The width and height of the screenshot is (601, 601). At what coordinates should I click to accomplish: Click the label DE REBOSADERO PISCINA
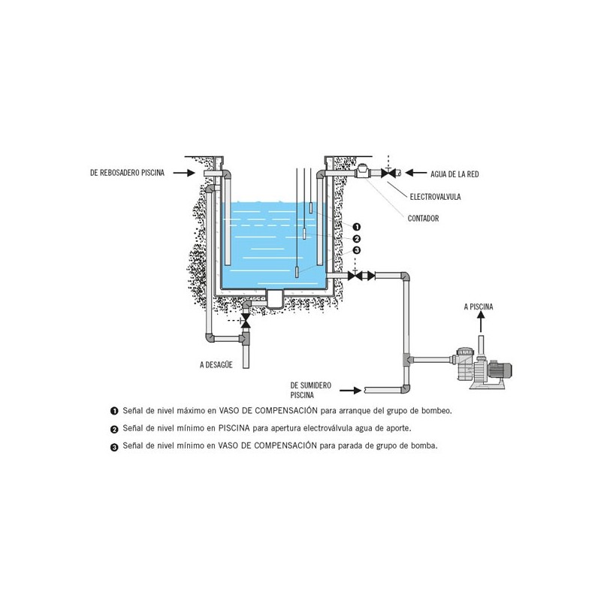127,173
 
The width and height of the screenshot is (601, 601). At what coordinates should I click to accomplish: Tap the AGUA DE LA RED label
455,174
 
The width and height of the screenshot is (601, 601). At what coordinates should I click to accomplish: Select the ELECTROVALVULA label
436,197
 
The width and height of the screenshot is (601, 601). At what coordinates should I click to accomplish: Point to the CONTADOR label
423,219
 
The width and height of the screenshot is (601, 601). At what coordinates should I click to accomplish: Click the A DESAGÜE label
216,365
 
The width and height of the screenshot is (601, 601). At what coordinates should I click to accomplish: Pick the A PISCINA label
479,307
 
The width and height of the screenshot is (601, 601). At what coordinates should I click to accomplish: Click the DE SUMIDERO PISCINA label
311,390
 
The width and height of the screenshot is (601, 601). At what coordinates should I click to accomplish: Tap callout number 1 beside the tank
356,227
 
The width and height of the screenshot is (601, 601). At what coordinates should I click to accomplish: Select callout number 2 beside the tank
356,239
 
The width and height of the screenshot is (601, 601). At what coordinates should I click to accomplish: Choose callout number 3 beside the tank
356,250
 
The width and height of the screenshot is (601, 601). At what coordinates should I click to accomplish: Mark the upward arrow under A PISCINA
481,322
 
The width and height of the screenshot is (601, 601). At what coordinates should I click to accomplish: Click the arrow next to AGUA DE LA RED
416,173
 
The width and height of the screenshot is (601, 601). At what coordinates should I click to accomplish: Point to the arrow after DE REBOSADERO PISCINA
184,173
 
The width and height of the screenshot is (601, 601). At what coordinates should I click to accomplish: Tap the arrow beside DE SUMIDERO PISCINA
350,391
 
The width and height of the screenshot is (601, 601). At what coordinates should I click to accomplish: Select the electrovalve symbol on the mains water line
388,173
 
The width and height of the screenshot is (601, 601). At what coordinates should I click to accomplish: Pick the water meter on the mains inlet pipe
362,171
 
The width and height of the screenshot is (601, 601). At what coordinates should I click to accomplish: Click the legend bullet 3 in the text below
114,447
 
